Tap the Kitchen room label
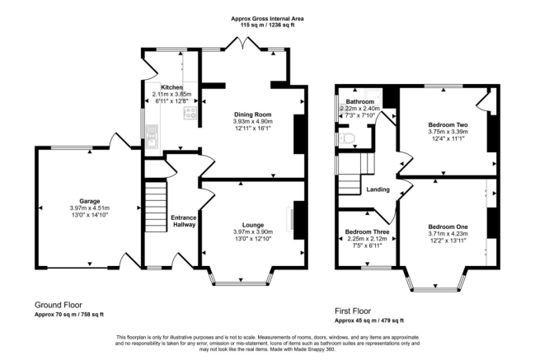tap(171, 87)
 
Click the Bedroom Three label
tap(364, 232)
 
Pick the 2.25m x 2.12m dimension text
tap(364, 239)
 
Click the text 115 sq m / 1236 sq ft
tap(268, 26)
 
